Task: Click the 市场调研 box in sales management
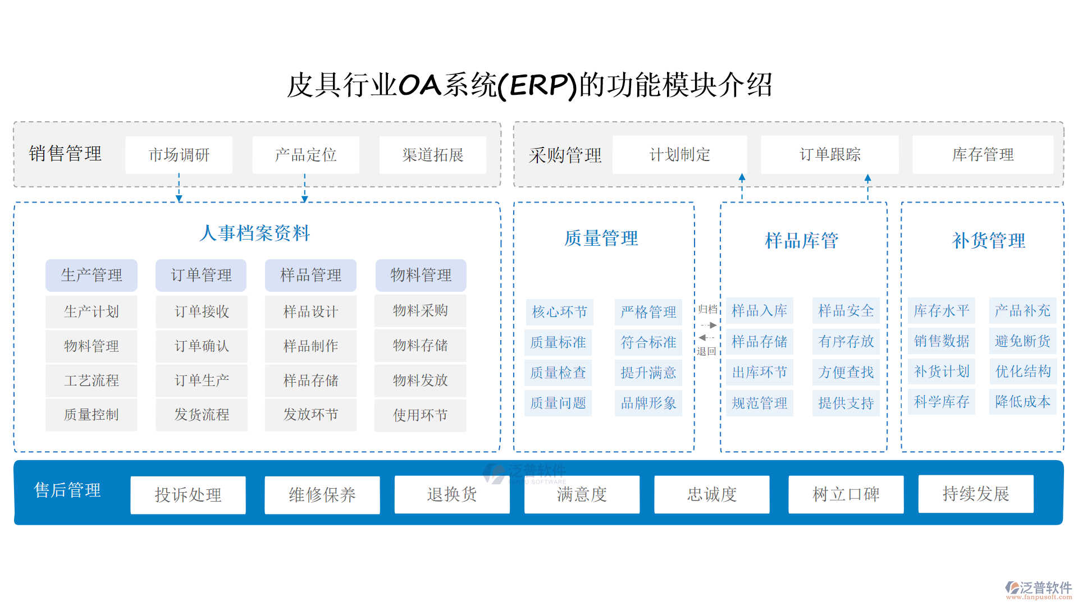[179, 155]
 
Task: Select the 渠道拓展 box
[432, 155]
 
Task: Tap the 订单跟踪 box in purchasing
[829, 154]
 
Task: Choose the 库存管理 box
[983, 154]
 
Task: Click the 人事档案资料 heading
[255, 233]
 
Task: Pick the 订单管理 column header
[201, 275]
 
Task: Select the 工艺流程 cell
[92, 380]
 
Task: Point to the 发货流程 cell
[202, 415]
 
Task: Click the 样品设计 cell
[310, 311]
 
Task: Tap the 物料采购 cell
[420, 311]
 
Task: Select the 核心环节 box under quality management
[559, 311]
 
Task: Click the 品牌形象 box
[648, 403]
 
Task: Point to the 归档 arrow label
[707, 309]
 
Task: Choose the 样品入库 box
[759, 311]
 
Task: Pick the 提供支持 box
[846, 403]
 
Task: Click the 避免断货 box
[1022, 341]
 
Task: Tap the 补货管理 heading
[988, 241]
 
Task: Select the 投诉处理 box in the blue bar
[188, 494]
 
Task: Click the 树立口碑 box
[846, 494]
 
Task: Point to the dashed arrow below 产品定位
[305, 188]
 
